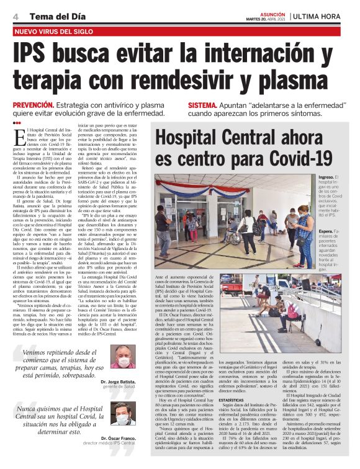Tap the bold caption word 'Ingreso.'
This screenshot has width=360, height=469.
pos(326,177)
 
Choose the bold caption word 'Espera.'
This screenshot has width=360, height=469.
pos(326,231)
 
